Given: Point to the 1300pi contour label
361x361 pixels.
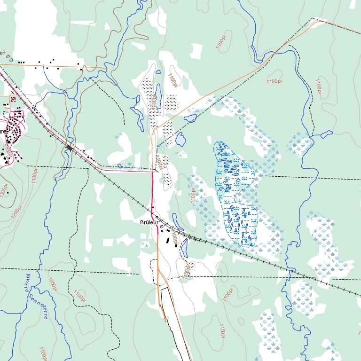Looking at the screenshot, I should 4,191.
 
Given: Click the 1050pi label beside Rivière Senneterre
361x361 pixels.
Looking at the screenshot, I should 52,283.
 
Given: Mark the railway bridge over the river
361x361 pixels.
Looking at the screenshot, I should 70,148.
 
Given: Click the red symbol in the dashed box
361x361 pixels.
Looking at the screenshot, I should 13,100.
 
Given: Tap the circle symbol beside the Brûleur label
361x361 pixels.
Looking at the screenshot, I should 162,227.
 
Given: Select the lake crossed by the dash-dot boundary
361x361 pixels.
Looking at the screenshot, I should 180,139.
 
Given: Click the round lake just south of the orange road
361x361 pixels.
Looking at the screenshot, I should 190,118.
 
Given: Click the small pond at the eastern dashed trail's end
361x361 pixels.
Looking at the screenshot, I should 327,134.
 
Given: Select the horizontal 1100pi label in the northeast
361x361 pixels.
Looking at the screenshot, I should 274,82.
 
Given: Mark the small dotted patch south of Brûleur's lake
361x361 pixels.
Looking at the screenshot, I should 190,267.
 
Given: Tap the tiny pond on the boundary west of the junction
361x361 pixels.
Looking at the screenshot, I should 120,165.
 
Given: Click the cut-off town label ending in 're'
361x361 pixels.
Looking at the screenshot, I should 4,132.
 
